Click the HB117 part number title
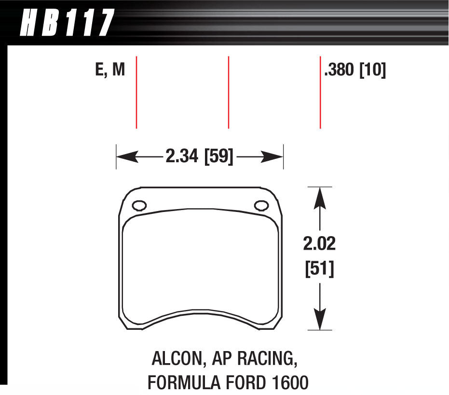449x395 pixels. click(67, 23)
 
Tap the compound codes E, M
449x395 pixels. click(110, 71)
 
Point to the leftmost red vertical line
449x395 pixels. click(137, 92)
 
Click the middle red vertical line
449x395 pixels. click(228, 92)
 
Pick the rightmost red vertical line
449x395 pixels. click(320, 92)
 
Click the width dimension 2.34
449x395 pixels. click(182, 156)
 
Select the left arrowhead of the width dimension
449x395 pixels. click(123, 156)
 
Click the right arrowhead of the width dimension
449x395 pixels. click(276, 156)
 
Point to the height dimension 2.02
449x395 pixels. click(319, 244)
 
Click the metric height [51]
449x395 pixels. click(319, 268)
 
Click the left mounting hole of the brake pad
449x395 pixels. click(138, 206)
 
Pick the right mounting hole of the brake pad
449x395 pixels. click(261, 206)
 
